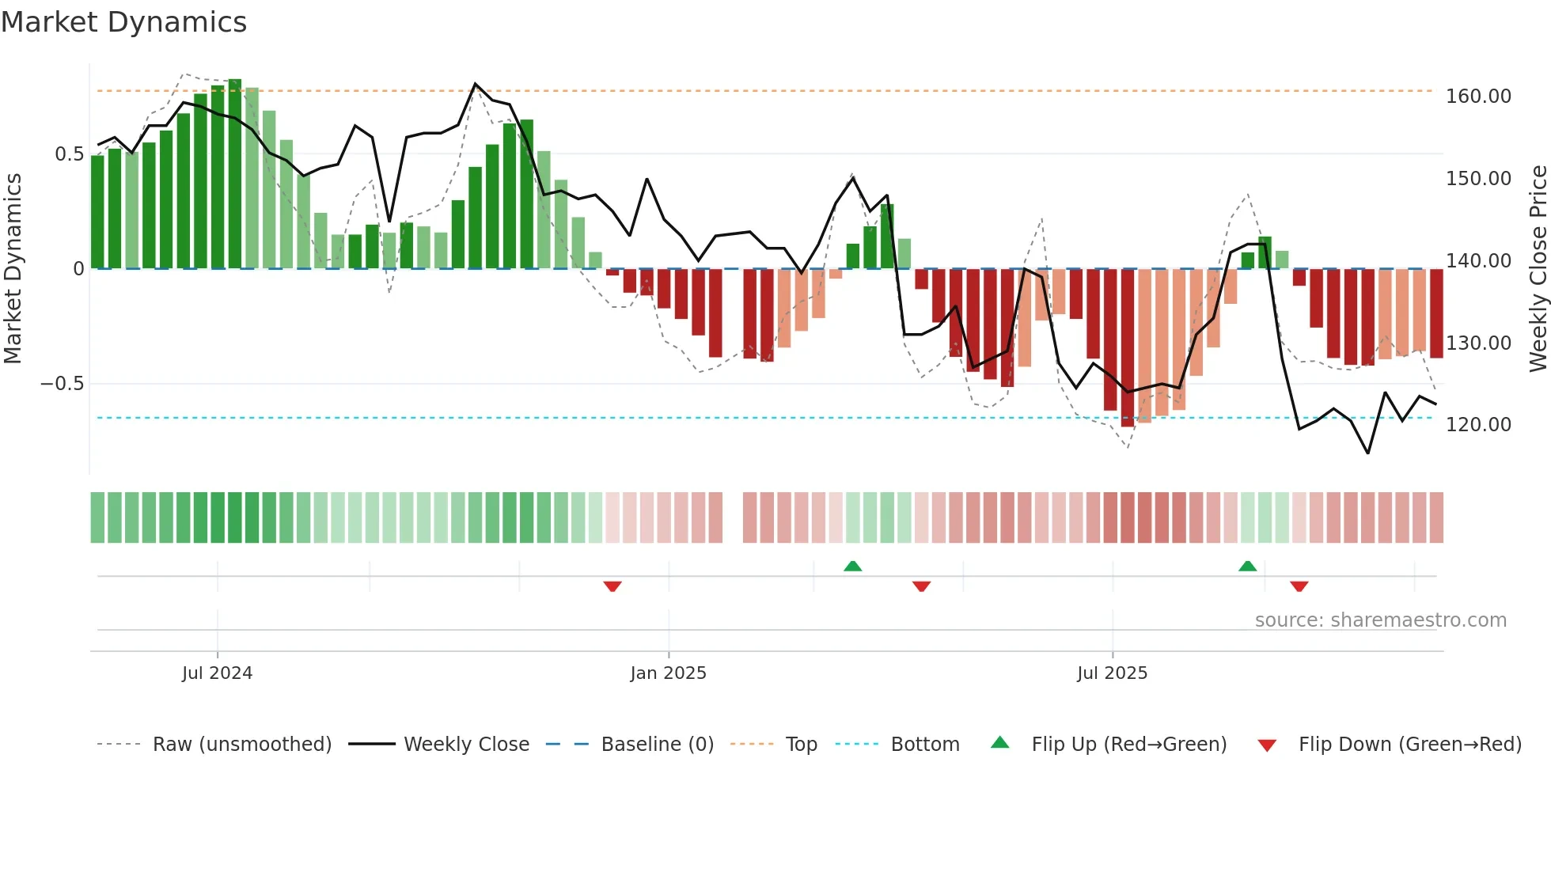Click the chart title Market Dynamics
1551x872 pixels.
tap(123, 22)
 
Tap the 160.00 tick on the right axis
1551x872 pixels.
tap(1477, 97)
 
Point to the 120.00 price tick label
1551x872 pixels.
tap(1477, 425)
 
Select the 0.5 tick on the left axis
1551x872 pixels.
tap(69, 154)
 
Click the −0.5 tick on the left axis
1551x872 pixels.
tap(62, 384)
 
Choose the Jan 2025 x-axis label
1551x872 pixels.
tap(668, 673)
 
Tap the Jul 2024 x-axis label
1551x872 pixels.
tap(217, 673)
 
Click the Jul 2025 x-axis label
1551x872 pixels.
tap(1112, 673)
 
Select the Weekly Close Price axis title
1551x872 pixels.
tap(1538, 269)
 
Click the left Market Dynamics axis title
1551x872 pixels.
tap(13, 269)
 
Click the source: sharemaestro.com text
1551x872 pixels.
tap(1380, 620)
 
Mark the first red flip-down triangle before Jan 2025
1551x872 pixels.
tap(612, 586)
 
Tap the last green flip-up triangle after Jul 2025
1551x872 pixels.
tap(1247, 566)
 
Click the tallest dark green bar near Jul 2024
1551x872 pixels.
tap(235, 174)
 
